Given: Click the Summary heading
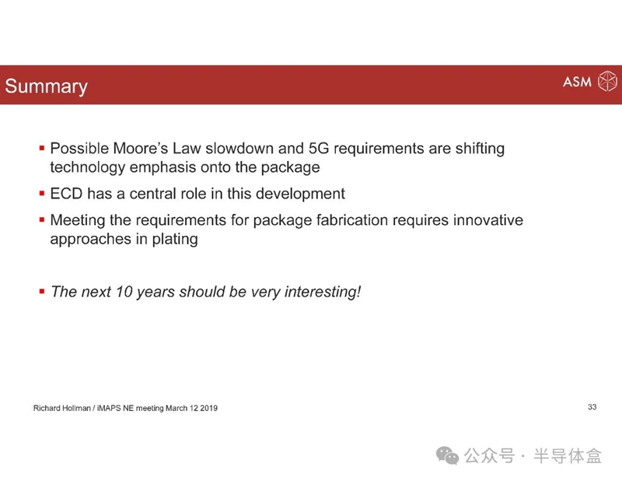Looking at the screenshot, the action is point(46,86).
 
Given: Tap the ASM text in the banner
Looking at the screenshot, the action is point(577,82).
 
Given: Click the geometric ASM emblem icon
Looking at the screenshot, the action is point(607,81).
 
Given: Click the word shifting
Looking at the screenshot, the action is point(480,149).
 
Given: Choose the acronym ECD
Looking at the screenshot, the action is point(66,194).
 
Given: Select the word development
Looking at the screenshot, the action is point(300,194).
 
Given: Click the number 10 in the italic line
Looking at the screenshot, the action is point(124,292).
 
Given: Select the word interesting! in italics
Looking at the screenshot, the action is point(323,293).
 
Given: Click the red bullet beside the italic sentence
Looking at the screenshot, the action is point(42,292).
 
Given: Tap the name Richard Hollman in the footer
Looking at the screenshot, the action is point(62,408).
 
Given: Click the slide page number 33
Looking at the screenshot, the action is point(592,407).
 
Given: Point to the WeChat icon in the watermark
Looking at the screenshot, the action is point(448,455).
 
